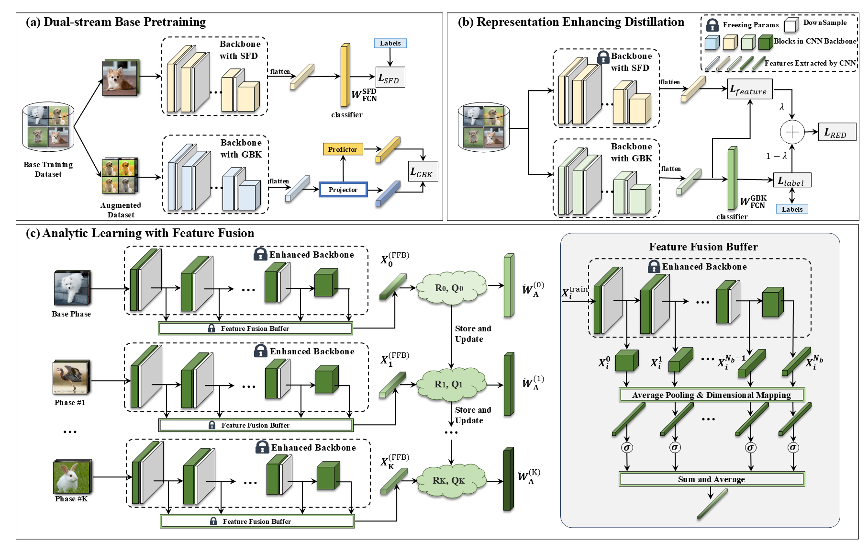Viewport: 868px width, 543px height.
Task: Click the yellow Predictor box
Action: (x=343, y=149)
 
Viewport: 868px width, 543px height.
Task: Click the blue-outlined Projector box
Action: (x=343, y=190)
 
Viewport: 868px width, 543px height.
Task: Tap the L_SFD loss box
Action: (x=390, y=78)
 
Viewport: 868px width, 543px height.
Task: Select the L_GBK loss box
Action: (x=423, y=171)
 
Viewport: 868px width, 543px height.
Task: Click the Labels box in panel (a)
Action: (x=390, y=43)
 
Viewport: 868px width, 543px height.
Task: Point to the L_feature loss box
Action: (x=749, y=89)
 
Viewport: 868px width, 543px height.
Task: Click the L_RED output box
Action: (x=836, y=133)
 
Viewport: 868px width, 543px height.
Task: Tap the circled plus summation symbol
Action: (x=792, y=132)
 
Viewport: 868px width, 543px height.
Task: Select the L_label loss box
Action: (x=792, y=181)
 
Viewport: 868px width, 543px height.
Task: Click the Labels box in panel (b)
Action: (x=792, y=209)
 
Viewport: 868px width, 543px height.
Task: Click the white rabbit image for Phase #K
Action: (x=71, y=477)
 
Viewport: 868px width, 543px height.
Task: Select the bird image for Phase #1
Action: (x=70, y=378)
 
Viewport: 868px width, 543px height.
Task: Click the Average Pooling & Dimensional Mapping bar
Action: (x=712, y=395)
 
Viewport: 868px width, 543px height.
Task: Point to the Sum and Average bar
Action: (x=712, y=479)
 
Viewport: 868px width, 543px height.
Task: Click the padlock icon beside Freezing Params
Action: (x=712, y=25)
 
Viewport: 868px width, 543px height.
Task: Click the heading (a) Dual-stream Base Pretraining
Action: (x=116, y=22)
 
